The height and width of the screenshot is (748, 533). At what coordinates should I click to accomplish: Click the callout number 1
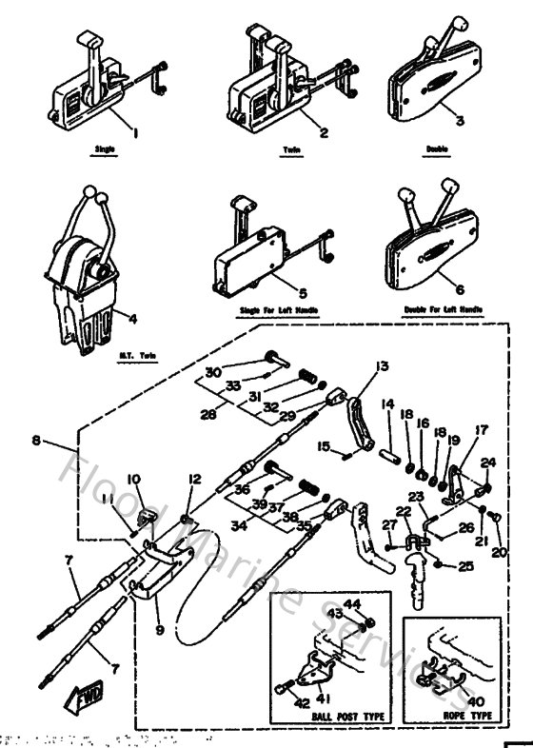tap(134, 134)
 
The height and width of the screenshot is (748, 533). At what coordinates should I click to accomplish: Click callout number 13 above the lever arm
tap(382, 366)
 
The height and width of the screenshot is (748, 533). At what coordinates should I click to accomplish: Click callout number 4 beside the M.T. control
tap(130, 319)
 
